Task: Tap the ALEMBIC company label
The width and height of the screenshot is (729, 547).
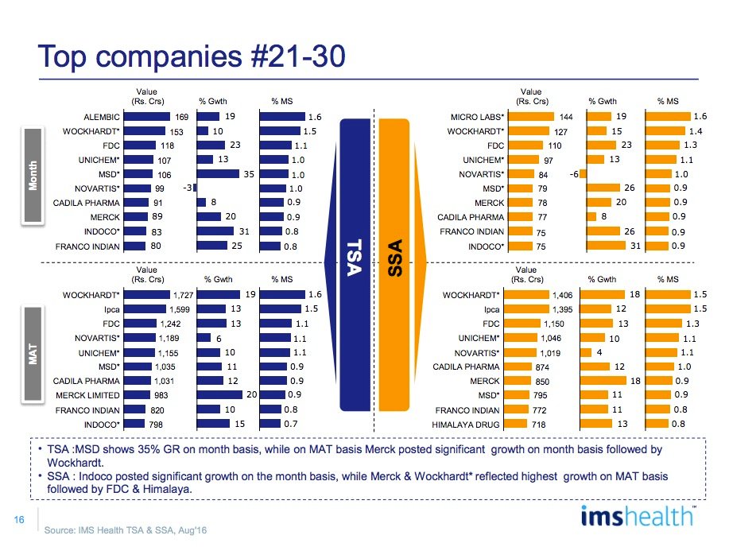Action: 101,117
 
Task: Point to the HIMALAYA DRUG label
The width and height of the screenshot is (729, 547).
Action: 471,425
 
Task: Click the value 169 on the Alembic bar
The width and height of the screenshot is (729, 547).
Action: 180,117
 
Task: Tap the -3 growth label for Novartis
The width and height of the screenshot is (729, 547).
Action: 188,188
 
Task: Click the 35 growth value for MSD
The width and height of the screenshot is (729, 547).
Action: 249,173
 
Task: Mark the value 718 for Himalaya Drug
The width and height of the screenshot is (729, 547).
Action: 563,425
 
